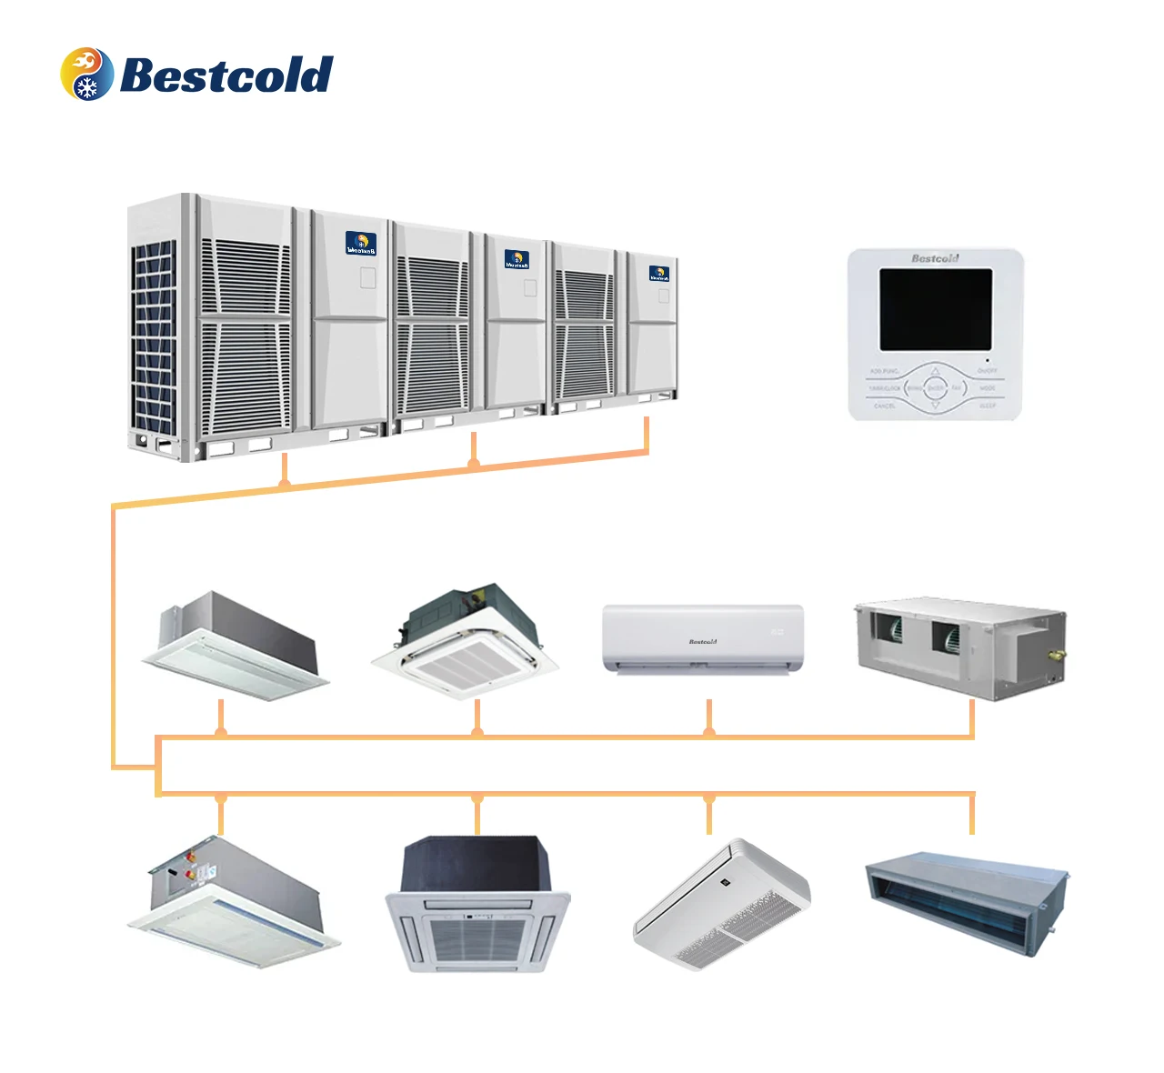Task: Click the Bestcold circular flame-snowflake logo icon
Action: click(87, 74)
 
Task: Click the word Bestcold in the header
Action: click(226, 75)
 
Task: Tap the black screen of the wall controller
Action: click(935, 309)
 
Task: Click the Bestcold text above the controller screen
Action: click(935, 258)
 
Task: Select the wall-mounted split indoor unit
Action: click(703, 638)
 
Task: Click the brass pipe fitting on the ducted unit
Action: click(1058, 652)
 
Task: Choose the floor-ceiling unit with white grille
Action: click(721, 905)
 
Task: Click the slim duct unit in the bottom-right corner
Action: click(966, 901)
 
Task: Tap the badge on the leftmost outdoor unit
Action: click(360, 243)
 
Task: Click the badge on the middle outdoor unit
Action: click(517, 259)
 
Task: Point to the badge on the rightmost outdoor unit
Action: click(659, 273)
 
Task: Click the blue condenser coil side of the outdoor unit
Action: click(154, 336)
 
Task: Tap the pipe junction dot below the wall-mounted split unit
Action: click(709, 732)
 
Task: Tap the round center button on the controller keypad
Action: click(935, 388)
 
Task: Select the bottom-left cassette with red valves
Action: click(233, 900)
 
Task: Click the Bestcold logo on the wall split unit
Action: click(703, 642)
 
